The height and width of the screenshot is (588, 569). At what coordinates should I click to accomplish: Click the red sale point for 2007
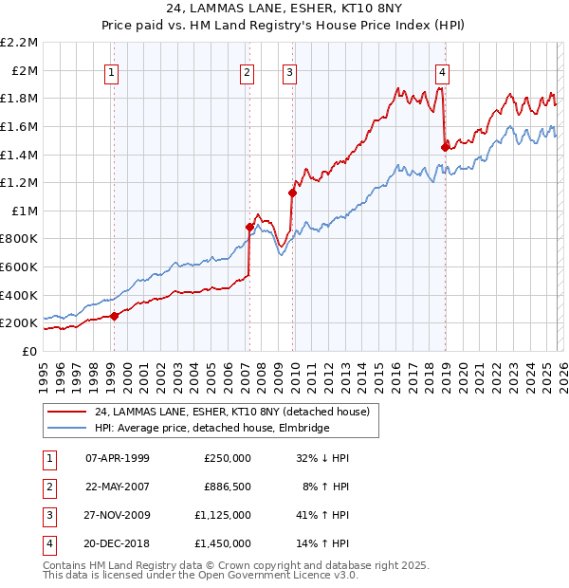(249, 227)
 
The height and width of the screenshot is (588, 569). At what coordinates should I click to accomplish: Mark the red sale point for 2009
(292, 193)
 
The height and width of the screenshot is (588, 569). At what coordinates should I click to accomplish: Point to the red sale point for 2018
(445, 147)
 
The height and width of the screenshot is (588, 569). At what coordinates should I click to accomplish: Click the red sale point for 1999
(114, 316)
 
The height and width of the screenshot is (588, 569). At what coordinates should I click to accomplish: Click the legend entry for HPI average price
(211, 428)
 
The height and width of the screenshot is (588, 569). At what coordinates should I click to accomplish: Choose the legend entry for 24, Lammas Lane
(237, 411)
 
